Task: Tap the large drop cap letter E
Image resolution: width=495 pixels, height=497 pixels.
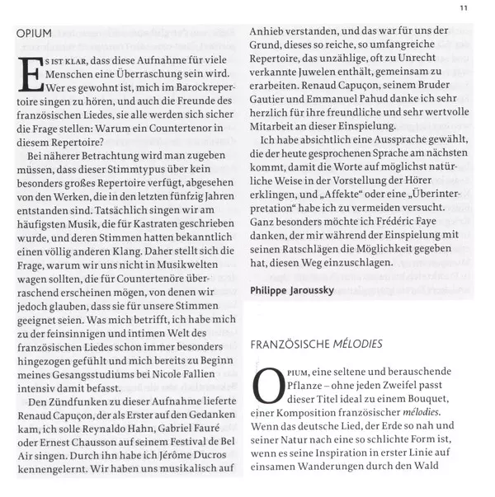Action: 31,82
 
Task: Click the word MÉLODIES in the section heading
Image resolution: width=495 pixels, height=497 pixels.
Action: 358,343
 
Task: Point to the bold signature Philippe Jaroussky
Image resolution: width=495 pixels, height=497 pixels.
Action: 296,290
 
